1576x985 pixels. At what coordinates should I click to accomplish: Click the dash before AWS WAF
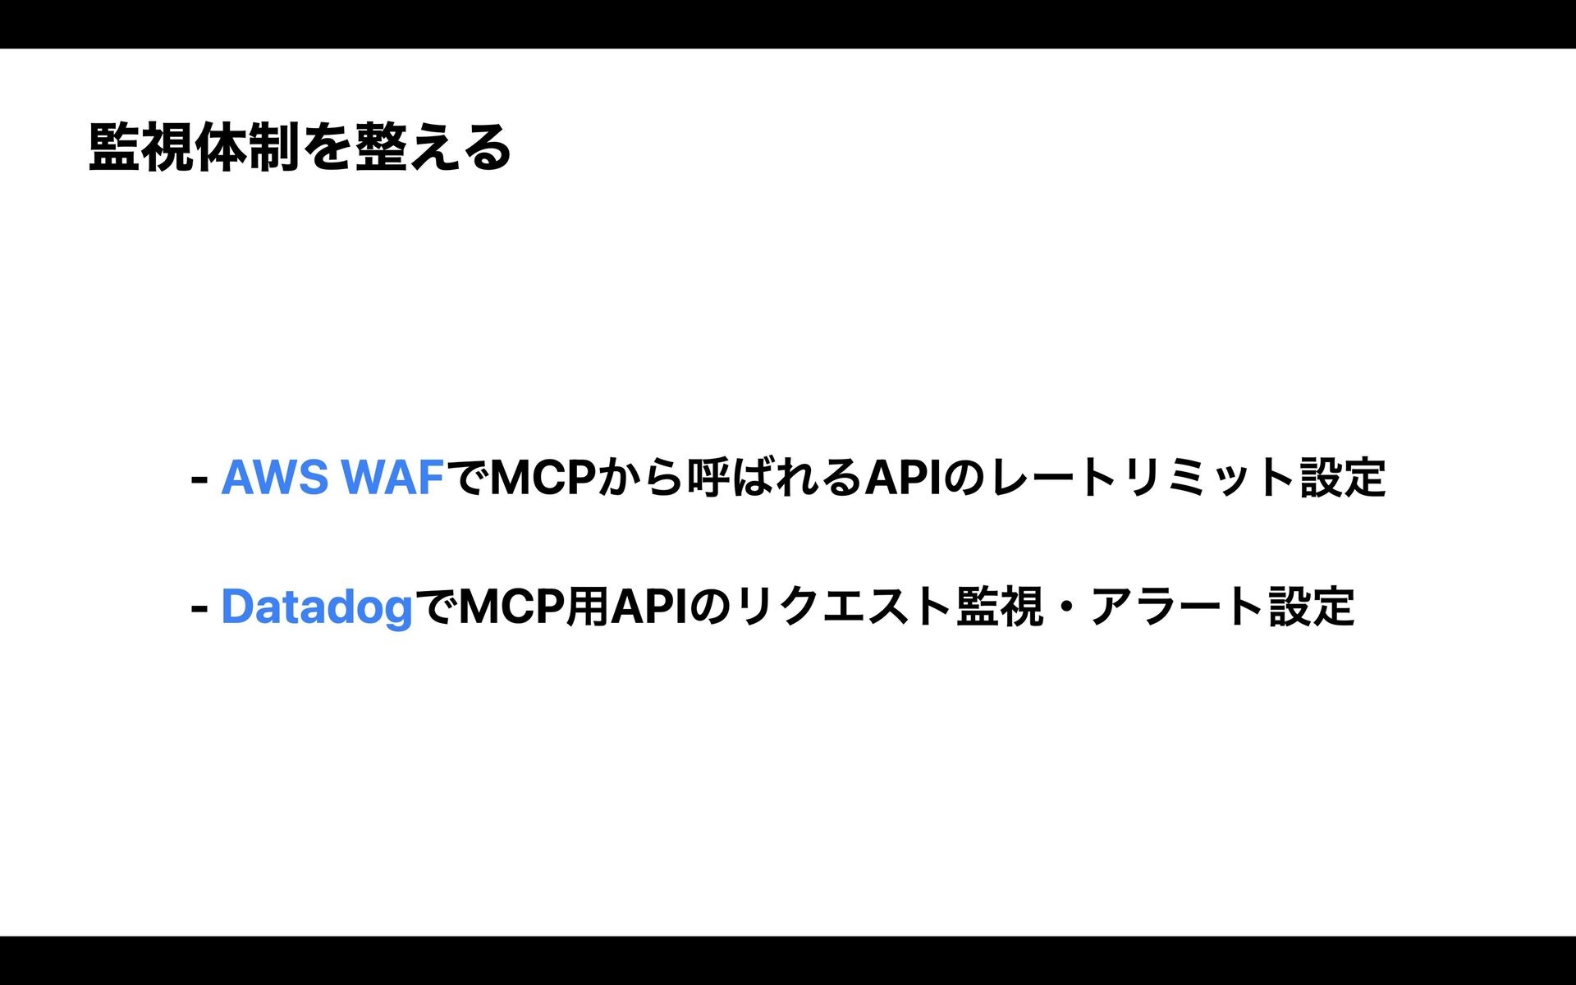pos(198,478)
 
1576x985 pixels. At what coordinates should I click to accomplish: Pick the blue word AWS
pos(274,478)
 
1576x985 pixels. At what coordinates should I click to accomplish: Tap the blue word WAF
pos(392,478)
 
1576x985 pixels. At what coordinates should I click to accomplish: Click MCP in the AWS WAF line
pos(542,478)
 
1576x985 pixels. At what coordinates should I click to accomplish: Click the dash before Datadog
pos(198,608)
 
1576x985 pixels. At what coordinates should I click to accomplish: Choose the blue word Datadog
pos(317,608)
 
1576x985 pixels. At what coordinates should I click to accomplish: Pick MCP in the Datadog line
pos(511,608)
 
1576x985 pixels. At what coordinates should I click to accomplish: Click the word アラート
pos(1175,608)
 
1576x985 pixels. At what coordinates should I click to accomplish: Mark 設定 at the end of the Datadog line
pos(1312,608)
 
